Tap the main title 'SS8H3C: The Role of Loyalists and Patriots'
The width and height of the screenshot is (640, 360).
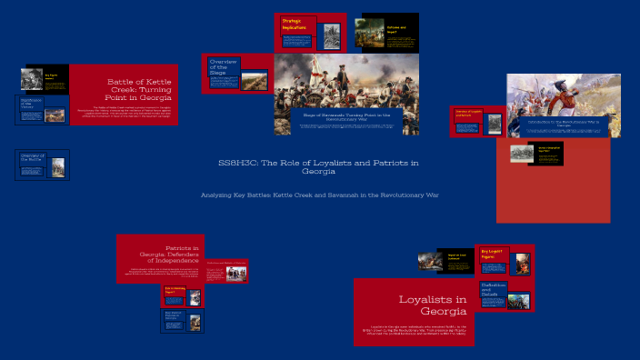(x=319, y=166)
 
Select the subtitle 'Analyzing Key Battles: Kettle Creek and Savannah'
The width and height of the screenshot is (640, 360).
(x=319, y=195)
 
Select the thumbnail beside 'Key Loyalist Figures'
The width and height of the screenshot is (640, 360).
(x=521, y=265)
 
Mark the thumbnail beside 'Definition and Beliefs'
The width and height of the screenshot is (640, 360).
(x=519, y=300)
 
